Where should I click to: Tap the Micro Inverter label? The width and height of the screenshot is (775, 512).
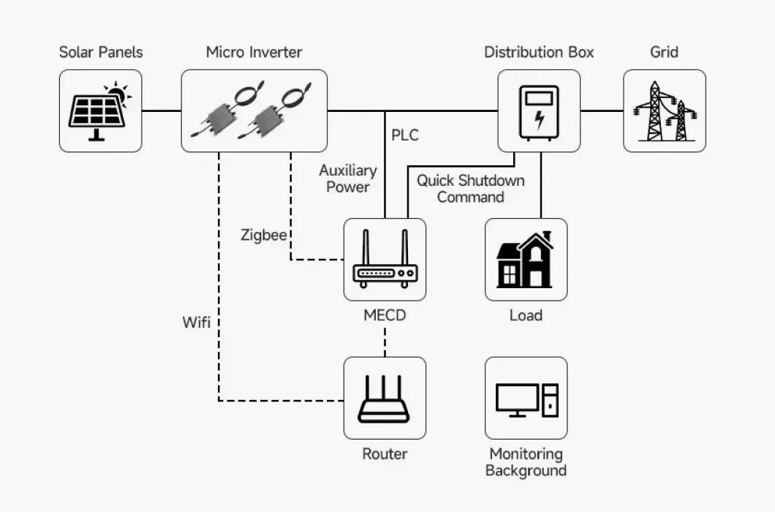[x=254, y=52]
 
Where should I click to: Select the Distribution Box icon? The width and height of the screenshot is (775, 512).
[x=539, y=111]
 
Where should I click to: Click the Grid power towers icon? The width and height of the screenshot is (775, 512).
[x=665, y=111]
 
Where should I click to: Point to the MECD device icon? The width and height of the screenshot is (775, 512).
[x=385, y=260]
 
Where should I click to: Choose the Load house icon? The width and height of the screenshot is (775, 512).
[x=526, y=260]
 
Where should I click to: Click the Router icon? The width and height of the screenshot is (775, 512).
[x=385, y=399]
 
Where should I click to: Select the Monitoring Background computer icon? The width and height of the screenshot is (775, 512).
[x=526, y=399]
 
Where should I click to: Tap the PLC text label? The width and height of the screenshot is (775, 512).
[x=405, y=135]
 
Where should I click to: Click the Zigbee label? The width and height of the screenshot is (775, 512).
[x=264, y=236]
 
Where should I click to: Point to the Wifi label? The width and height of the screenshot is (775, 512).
[x=197, y=322]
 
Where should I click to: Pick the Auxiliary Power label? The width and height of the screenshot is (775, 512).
[x=348, y=178]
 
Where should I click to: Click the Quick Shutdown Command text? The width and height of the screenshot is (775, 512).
[x=470, y=189]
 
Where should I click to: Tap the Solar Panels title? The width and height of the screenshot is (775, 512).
[x=101, y=52]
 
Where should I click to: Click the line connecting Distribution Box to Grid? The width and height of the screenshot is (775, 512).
[x=602, y=111]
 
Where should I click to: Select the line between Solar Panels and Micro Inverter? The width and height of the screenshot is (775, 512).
[x=162, y=111]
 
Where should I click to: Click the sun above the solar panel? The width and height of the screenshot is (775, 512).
[x=116, y=94]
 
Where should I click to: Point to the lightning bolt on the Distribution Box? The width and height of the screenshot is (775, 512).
[x=539, y=118]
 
